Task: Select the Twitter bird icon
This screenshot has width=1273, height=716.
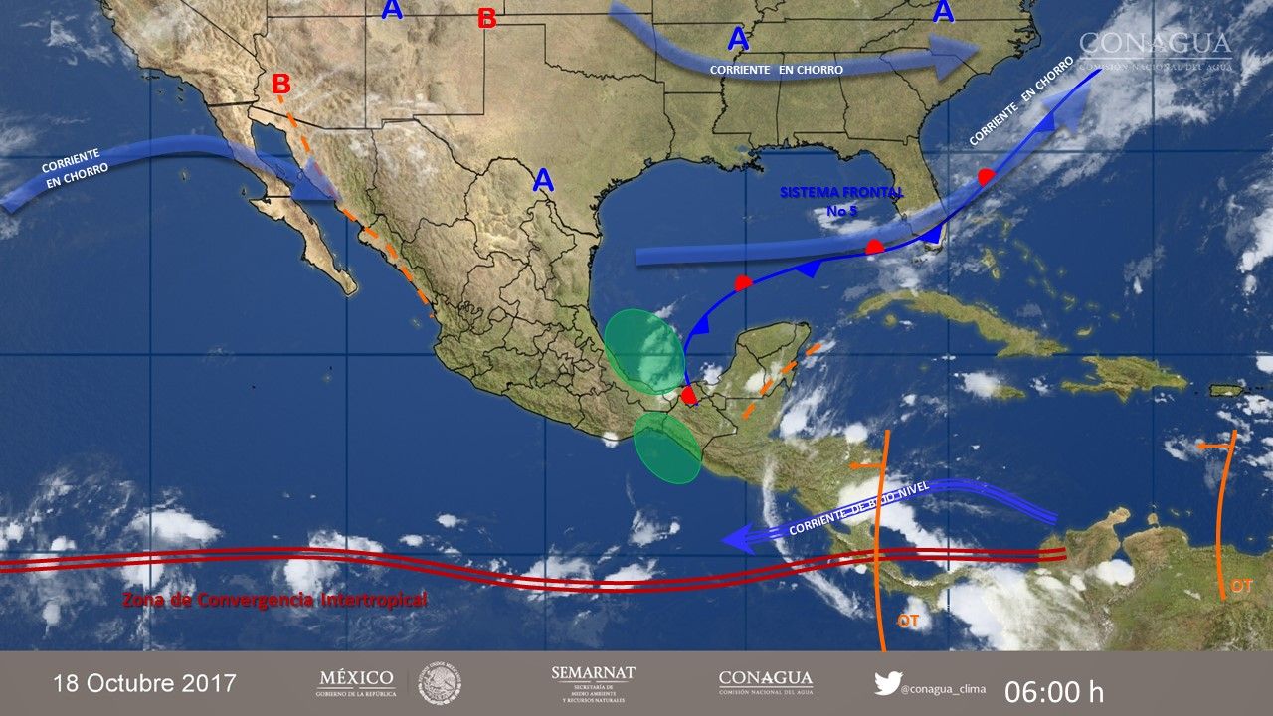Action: (887, 683)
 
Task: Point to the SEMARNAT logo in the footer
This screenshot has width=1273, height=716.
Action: (593, 684)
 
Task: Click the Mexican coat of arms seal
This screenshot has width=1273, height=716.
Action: (440, 683)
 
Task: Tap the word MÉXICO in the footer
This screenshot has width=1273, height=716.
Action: (355, 678)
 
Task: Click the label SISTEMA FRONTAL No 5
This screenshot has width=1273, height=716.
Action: (841, 200)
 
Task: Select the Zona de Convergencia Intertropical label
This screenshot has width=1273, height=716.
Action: (273, 600)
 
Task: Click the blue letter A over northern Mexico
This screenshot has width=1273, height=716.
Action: (543, 180)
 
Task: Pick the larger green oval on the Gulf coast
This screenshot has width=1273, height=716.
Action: (643, 352)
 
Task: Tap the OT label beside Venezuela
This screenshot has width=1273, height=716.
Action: (1241, 586)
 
